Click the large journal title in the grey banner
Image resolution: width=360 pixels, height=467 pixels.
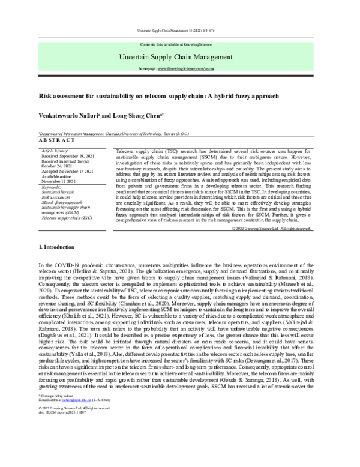[x=180, y=57]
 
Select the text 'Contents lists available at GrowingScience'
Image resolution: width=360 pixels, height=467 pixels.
[x=180, y=45]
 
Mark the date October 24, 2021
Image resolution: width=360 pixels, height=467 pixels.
[x=57, y=166]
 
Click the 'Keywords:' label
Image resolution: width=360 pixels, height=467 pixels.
[x=52, y=187]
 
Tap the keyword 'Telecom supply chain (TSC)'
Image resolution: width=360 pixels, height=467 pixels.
[x=67, y=218]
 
